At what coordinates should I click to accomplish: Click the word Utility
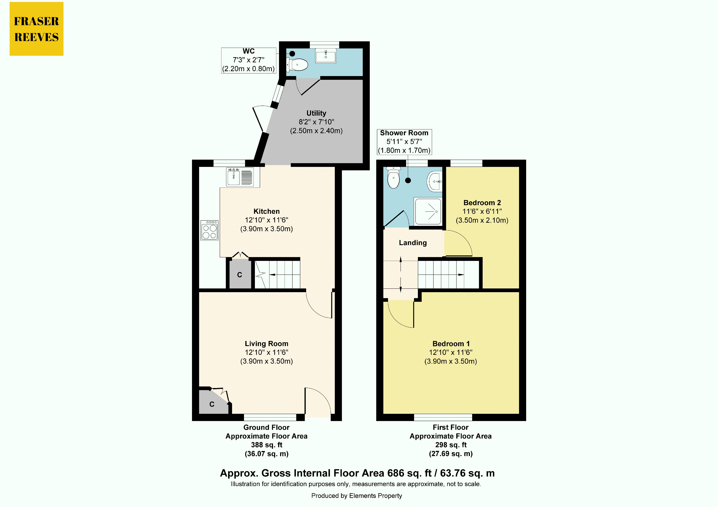pos(316,113)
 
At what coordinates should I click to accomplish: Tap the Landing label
pos(413,243)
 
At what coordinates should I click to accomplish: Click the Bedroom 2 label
pos(482,203)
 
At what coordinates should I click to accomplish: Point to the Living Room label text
pos(266,344)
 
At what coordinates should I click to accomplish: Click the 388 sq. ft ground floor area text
pos(266,445)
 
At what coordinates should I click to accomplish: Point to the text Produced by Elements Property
pos(357,496)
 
